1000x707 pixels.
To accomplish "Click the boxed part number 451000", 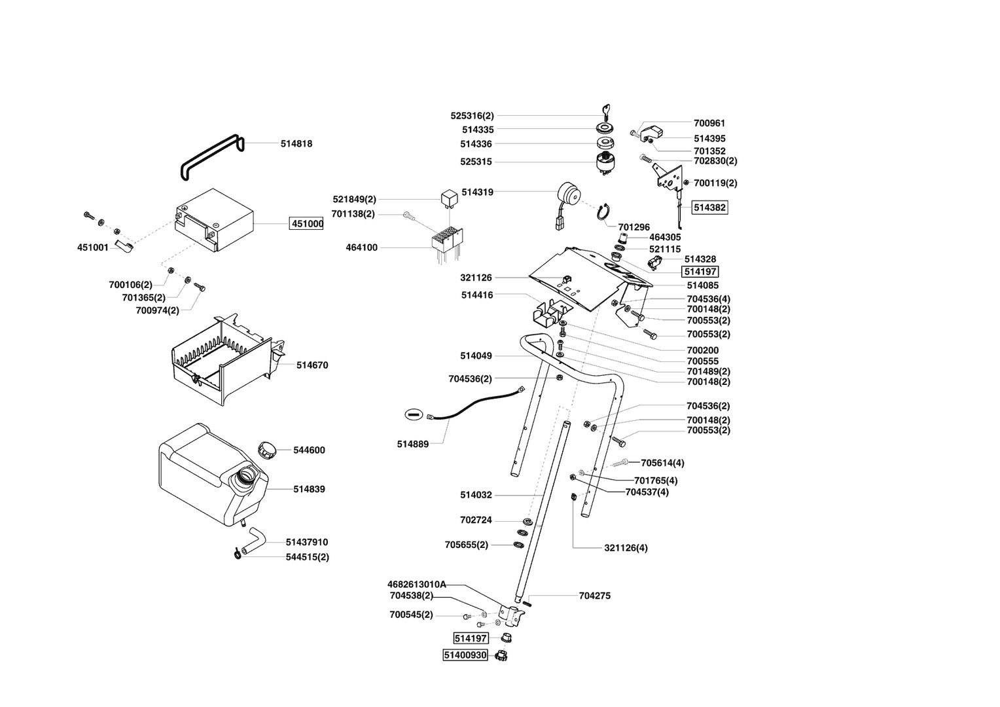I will click(307, 223).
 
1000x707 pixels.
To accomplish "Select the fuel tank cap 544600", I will click(266, 450).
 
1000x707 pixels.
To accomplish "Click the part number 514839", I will click(309, 489).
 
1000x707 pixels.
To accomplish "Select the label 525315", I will click(476, 162).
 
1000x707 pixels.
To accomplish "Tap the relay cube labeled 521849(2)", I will click(449, 196).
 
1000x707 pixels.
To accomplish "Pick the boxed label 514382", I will click(709, 208).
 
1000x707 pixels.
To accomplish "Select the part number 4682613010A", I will click(416, 584).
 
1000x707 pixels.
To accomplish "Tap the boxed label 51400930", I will click(465, 655).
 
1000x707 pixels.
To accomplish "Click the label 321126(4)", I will click(626, 547).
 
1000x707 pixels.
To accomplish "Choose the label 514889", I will click(412, 444).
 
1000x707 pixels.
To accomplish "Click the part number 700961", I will click(709, 123).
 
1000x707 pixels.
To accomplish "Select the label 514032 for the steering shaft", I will click(476, 495).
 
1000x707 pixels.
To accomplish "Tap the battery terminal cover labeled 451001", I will click(124, 245).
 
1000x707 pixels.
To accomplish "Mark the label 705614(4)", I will click(662, 463).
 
